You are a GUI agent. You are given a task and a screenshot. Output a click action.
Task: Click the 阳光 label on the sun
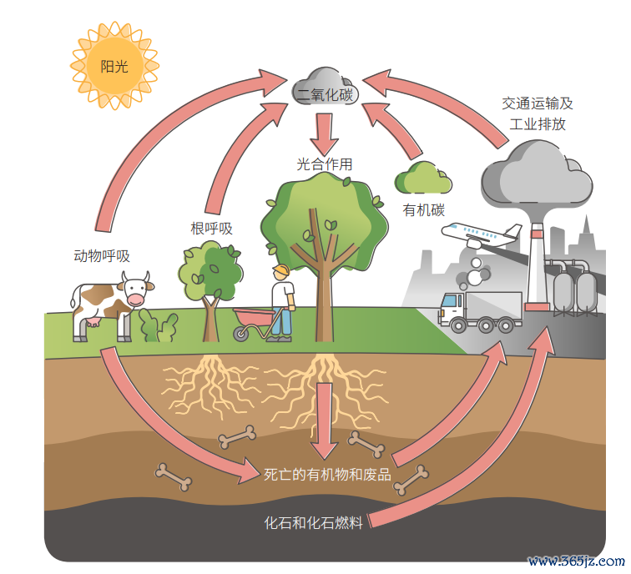(114, 66)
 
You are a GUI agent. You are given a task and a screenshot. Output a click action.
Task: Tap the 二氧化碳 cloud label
(325, 94)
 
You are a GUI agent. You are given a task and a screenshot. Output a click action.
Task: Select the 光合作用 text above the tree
(325, 164)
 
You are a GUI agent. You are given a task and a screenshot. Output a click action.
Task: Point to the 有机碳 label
(424, 210)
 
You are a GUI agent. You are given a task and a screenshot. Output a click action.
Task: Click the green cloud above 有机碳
(422, 178)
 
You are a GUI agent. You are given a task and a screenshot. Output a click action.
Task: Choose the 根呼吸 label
(212, 229)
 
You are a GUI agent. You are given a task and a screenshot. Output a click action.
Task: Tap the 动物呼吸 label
(102, 256)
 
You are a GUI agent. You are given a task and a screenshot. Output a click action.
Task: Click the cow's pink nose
(135, 300)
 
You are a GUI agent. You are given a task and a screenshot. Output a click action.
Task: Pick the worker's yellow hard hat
(281, 269)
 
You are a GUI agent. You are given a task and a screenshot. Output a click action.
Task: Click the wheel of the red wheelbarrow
(241, 334)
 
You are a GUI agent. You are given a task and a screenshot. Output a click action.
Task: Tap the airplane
(482, 234)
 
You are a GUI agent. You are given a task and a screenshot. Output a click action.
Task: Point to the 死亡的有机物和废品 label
(327, 475)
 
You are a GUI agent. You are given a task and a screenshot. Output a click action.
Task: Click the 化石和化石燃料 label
(314, 522)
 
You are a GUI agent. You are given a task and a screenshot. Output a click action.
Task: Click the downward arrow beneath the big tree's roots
(325, 420)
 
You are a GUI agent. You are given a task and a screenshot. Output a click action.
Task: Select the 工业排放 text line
(538, 123)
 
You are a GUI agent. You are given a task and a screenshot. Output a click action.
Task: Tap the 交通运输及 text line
(538, 103)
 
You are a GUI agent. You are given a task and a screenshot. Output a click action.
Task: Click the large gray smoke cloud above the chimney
(537, 174)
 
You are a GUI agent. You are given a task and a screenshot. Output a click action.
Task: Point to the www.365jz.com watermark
(577, 561)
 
